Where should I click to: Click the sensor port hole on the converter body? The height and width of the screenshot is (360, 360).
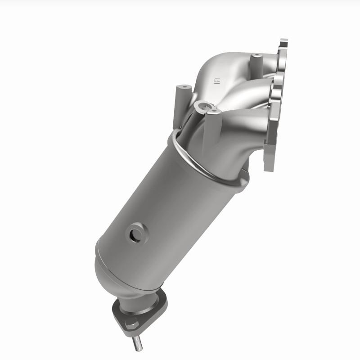(135, 234)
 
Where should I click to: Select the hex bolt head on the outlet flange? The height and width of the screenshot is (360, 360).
(131, 322)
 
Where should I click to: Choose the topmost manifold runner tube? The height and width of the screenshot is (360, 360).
(234, 63)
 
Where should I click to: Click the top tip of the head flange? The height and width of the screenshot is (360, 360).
(283, 43)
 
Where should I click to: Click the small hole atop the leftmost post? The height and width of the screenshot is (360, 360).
(184, 86)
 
